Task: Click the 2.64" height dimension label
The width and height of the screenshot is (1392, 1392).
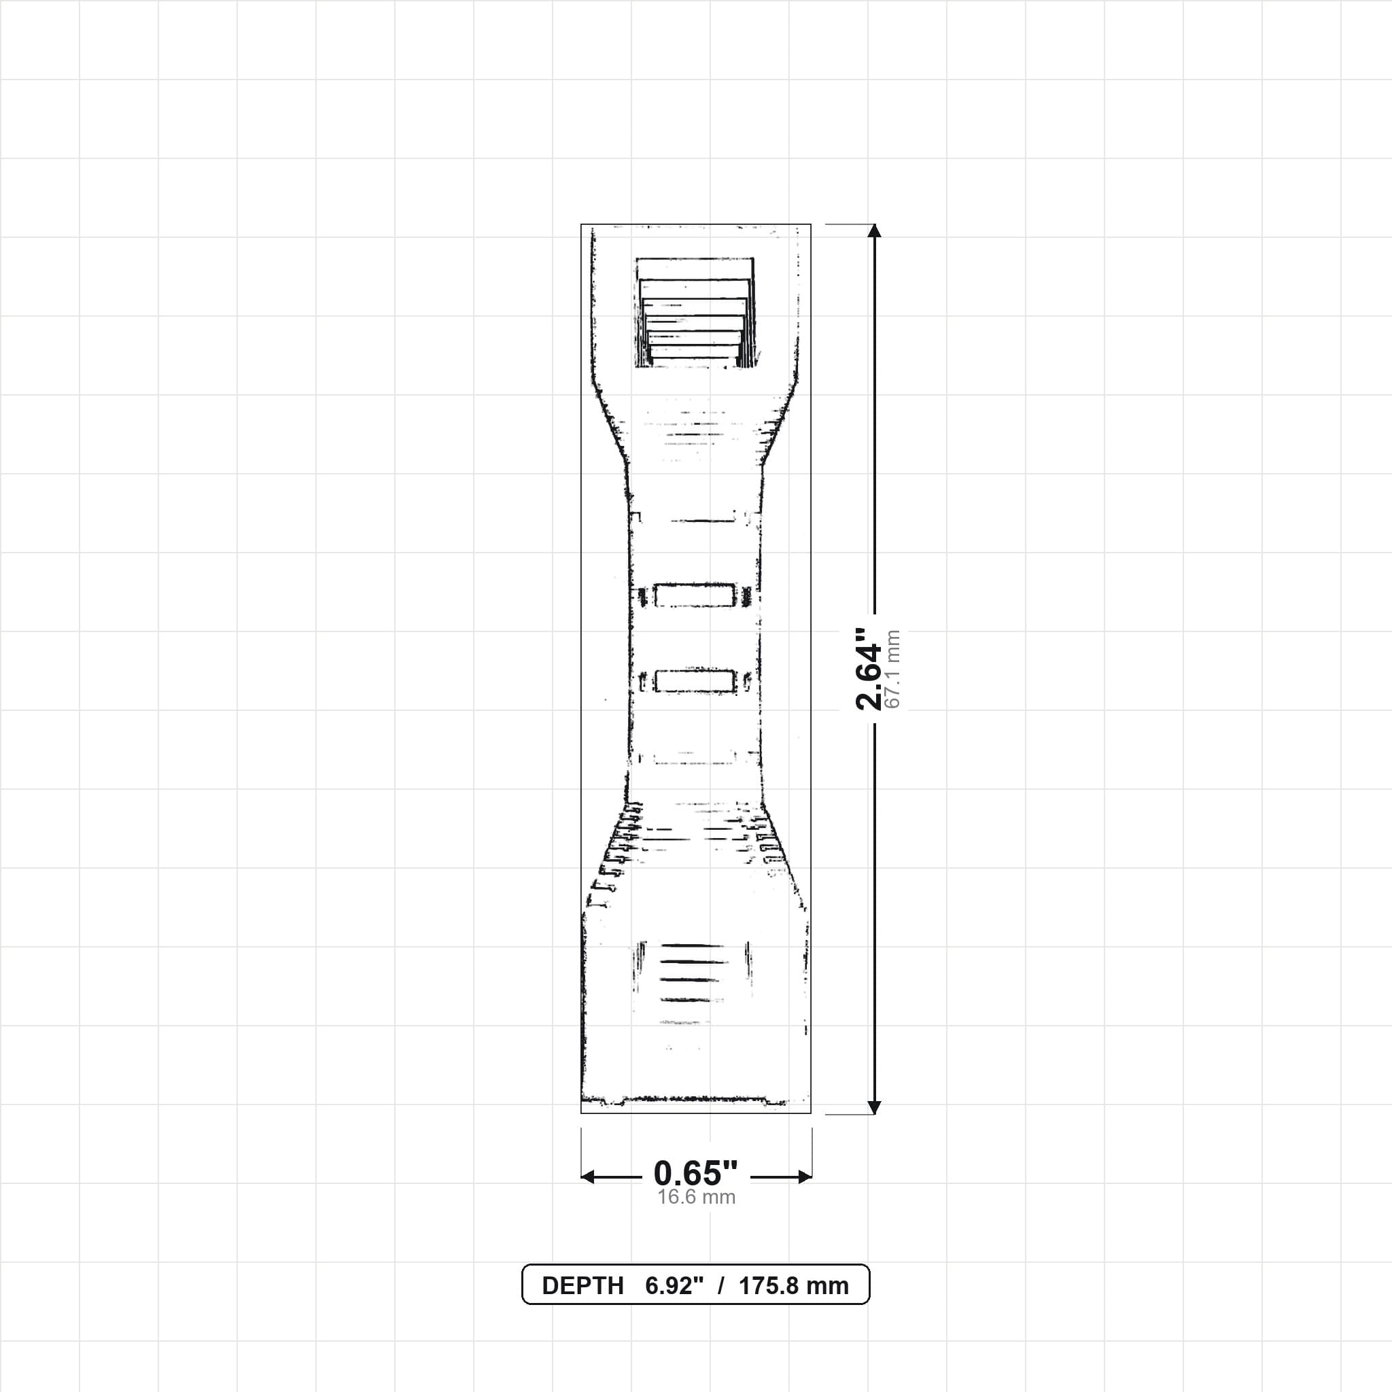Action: [x=868, y=669]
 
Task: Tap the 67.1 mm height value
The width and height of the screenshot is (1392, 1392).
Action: [x=892, y=669]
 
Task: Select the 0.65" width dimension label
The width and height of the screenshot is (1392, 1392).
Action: [x=695, y=1174]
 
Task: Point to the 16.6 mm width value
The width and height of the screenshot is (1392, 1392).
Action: [x=696, y=1198]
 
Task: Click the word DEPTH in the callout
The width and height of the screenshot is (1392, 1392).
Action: [x=582, y=1285]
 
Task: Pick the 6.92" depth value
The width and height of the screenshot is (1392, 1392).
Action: [x=674, y=1285]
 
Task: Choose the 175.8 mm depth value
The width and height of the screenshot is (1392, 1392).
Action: [x=793, y=1285]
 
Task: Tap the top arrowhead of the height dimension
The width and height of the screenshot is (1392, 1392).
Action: [x=874, y=230]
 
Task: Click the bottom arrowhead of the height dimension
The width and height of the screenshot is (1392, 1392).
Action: [x=874, y=1107]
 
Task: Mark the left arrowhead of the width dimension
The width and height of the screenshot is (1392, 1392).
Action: [x=588, y=1177]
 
